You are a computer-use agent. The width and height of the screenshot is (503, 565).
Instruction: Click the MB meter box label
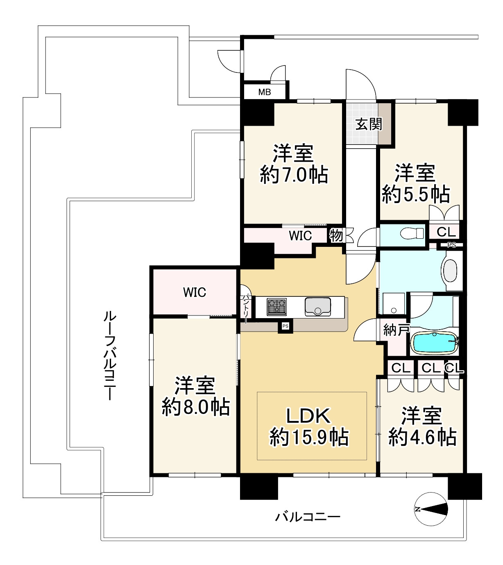[265, 92]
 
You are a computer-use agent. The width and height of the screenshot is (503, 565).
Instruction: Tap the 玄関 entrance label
[369, 124]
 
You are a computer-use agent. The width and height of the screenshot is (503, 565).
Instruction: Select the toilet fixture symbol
[412, 233]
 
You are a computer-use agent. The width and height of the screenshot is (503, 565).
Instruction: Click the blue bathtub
[434, 343]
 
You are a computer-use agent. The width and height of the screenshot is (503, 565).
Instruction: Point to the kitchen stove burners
[276, 307]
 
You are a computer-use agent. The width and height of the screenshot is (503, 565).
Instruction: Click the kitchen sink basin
[318, 307]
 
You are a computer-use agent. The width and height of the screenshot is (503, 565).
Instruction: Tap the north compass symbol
[431, 509]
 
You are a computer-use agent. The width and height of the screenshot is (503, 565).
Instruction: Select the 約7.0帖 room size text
[294, 175]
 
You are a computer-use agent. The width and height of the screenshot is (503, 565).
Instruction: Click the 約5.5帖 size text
[416, 194]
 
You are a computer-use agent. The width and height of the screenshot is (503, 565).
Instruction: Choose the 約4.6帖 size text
[422, 437]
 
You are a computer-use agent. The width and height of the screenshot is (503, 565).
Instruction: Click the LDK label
[308, 416]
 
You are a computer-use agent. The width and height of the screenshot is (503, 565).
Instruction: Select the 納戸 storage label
[396, 330]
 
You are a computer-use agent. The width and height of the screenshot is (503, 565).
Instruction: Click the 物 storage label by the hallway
[336, 235]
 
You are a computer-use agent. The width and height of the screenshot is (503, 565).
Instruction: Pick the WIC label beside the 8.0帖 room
[195, 292]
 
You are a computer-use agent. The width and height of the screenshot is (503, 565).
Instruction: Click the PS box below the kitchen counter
[285, 326]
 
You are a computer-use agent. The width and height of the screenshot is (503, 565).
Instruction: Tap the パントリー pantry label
[246, 309]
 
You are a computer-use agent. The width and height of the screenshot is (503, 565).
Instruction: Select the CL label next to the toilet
[446, 231]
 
